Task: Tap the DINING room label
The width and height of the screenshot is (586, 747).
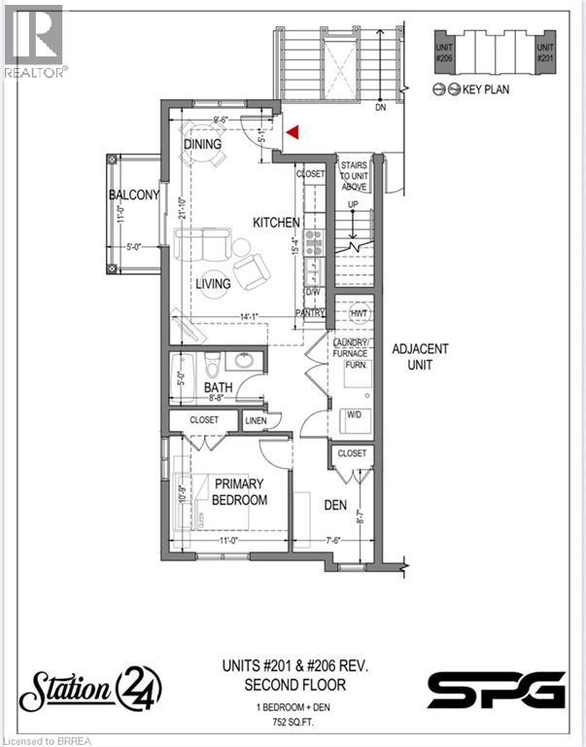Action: [x=202, y=144]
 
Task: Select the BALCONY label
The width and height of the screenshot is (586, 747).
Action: [x=134, y=196]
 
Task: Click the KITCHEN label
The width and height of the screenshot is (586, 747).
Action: [x=277, y=223]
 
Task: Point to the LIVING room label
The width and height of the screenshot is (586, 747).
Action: [x=212, y=284]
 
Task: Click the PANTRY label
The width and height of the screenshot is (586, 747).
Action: [x=310, y=313]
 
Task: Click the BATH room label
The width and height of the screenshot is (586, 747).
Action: [x=219, y=389]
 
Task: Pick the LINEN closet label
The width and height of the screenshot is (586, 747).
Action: [x=256, y=420]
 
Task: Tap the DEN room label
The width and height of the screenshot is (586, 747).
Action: [x=309, y=504]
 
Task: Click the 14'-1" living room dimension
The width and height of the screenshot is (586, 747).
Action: [x=254, y=316]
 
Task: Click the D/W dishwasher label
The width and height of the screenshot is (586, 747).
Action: [x=313, y=291]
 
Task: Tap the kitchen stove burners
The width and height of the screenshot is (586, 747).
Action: [x=313, y=243]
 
